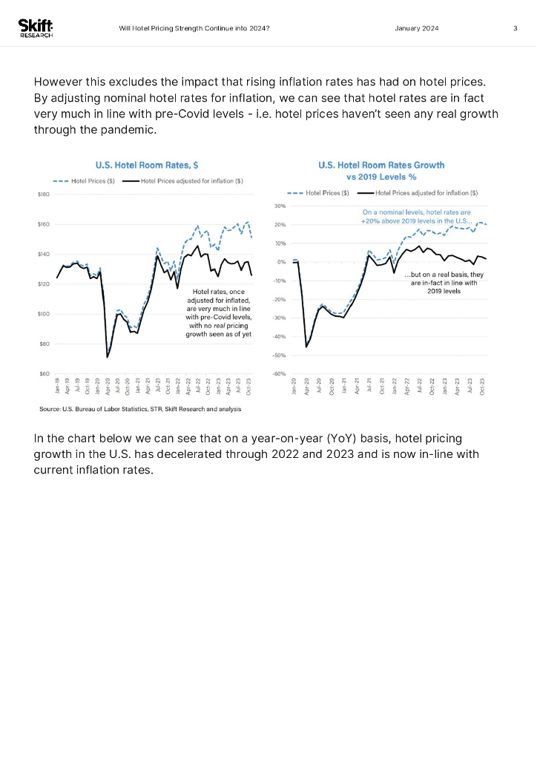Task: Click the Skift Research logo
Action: [36, 28]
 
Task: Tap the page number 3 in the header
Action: [515, 28]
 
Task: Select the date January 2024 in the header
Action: [418, 28]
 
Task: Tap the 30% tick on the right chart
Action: [280, 206]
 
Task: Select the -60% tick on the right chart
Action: [280, 374]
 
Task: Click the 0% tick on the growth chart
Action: [282, 262]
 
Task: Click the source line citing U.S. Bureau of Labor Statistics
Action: [139, 409]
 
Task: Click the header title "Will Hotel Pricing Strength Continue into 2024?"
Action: [194, 28]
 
